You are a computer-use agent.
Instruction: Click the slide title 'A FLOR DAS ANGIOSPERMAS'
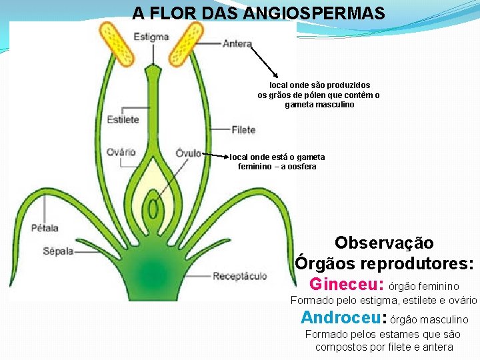[x=258, y=13]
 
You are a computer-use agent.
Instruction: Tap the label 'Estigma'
[x=151, y=37]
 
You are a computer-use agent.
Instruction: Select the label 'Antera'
[x=237, y=45]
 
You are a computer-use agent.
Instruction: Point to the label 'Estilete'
[x=123, y=119]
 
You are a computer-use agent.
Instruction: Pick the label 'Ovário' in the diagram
[x=121, y=152]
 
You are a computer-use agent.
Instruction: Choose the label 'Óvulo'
[x=189, y=153]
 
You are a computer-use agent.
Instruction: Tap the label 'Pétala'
[x=45, y=227]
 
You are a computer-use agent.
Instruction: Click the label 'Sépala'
[x=58, y=251]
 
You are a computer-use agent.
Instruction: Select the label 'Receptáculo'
[x=239, y=276]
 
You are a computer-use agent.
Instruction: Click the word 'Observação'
[x=384, y=243]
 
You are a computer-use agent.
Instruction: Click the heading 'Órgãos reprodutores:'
[x=385, y=263]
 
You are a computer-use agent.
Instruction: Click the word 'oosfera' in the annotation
[x=301, y=167]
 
